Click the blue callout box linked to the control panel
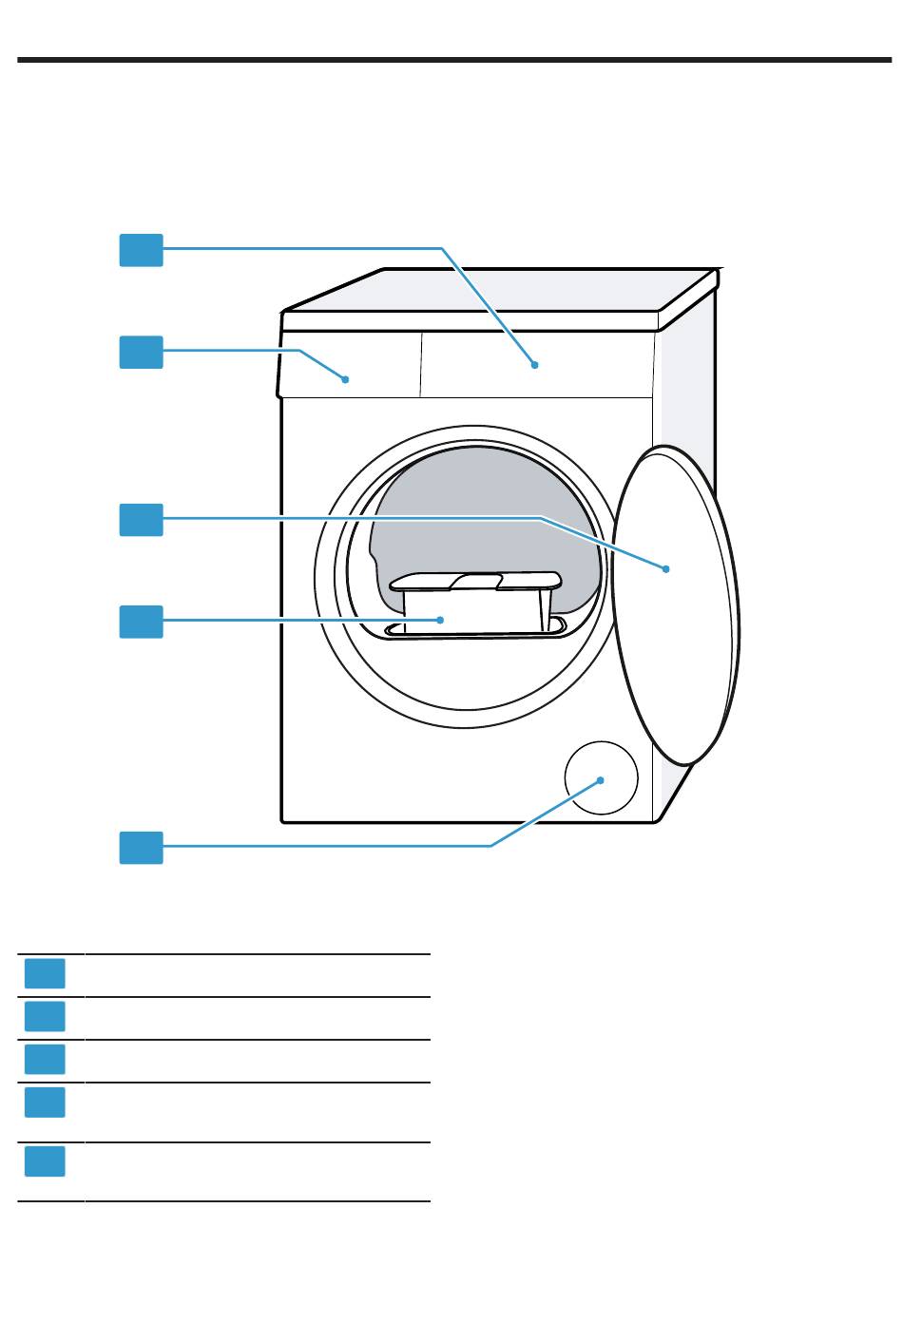coord(141,250)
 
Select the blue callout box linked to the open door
coord(141,520)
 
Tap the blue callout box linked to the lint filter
coord(141,622)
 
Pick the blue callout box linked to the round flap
coord(141,847)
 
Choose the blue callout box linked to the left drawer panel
coord(141,352)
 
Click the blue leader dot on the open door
coord(666,568)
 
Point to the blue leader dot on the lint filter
coord(440,619)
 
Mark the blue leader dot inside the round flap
coord(602,779)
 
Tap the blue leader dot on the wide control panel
coord(535,364)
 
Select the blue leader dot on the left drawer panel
coord(346,378)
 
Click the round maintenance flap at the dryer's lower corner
coord(600,777)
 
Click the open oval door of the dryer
coord(677,608)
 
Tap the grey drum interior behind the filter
coord(475,513)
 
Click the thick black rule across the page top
coord(451,61)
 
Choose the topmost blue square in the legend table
coord(45,973)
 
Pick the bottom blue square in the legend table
coord(45,1161)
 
